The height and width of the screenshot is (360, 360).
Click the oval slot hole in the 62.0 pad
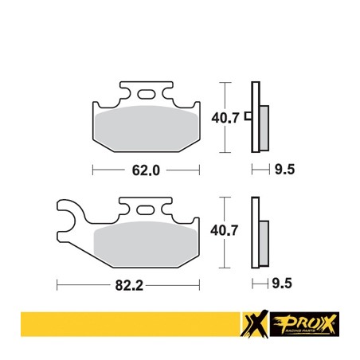147,94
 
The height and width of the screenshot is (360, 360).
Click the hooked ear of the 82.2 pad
72,215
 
